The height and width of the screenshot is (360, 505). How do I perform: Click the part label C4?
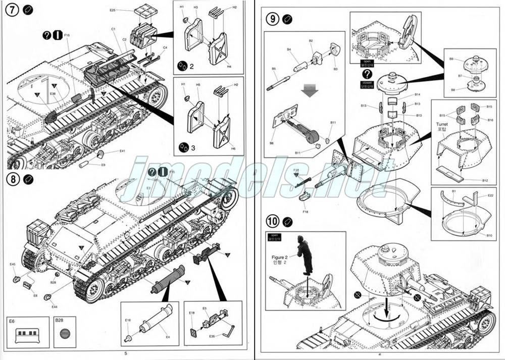165,48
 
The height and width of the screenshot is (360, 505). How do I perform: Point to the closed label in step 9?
366,81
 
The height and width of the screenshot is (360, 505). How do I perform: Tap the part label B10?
489,235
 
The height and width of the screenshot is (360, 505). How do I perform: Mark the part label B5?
274,69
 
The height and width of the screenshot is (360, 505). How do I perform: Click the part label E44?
54,306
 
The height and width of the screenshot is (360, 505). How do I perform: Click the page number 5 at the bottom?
126,353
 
